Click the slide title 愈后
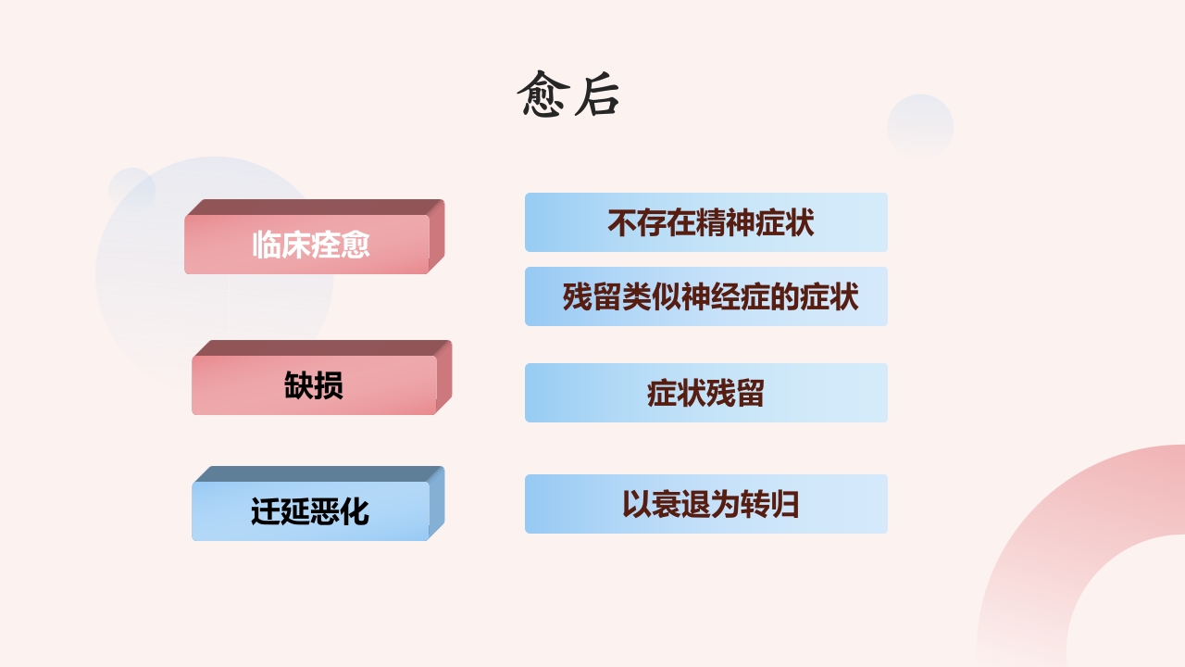click(x=568, y=94)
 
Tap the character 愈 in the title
click(x=542, y=94)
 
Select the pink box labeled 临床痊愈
click(x=307, y=245)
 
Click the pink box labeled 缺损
click(x=314, y=384)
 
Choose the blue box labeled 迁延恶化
click(x=310, y=510)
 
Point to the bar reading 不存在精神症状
click(x=706, y=222)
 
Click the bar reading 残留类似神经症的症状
click(x=706, y=296)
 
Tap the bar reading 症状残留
click(x=706, y=393)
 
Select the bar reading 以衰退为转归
click(x=706, y=504)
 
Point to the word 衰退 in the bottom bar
click(x=680, y=505)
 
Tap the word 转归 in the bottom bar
click(x=769, y=505)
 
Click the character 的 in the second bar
click(x=785, y=297)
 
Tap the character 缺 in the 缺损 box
click(x=299, y=385)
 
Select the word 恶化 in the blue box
click(x=340, y=511)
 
